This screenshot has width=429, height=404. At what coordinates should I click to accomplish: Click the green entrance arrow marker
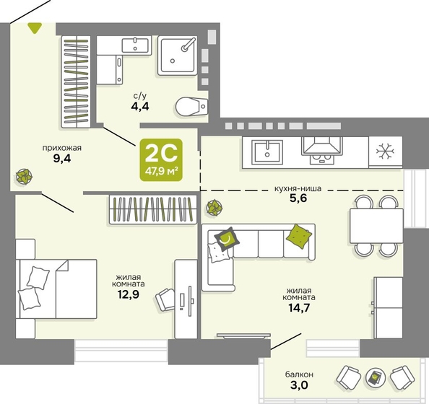tap(35, 28)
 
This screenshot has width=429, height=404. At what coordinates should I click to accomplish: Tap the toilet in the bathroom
tap(191, 106)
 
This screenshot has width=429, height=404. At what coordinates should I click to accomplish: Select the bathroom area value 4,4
tap(140, 106)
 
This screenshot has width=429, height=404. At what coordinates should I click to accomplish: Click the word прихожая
tap(62, 148)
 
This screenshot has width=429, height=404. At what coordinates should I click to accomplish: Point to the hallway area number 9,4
tap(62, 159)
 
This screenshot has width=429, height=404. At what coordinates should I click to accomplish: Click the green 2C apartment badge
tap(161, 159)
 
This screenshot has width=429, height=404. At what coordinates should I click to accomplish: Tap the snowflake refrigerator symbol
tap(385, 151)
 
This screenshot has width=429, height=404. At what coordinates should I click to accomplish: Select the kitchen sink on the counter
tap(267, 152)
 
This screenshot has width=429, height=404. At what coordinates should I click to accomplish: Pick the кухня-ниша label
tap(298, 188)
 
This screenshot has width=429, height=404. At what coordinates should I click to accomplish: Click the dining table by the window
tap(376, 226)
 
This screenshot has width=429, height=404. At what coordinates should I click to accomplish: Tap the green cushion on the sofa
tap(299, 237)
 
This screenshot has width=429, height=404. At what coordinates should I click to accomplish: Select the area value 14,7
tap(299, 308)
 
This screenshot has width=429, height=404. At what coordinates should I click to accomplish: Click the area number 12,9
tap(129, 294)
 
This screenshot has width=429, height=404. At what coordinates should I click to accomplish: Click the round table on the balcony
tap(376, 378)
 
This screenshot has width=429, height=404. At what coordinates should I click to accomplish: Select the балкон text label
tap(299, 374)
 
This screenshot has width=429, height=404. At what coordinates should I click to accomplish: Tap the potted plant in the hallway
tap(24, 177)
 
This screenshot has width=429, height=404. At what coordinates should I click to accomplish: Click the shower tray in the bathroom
tap(178, 56)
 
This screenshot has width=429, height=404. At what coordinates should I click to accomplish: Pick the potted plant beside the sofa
tap(214, 208)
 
